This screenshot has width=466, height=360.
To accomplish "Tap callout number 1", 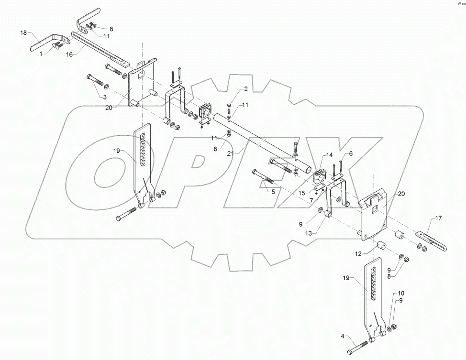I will tap(41, 54).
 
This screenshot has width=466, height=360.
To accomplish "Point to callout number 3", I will tap(103, 97).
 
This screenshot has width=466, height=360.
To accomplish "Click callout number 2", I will tap(245, 89).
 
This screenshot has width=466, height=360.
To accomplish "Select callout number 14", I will tap(329, 155).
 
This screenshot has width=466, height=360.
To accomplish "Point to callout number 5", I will tap(273, 192).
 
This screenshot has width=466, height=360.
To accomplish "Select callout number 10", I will tap(401, 293).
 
